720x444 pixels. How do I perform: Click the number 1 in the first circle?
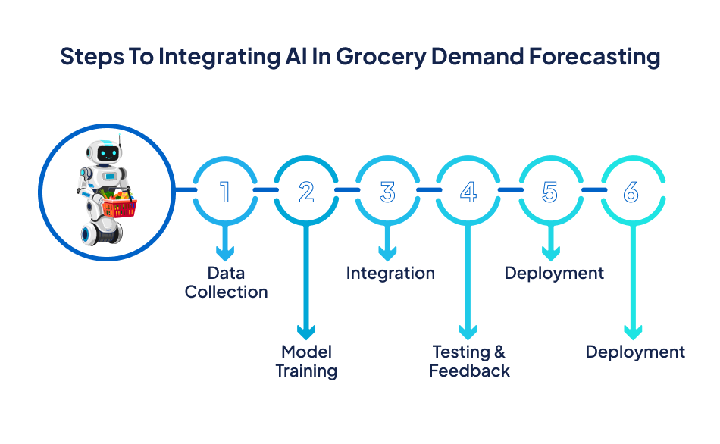[224, 192]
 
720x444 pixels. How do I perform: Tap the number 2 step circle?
[306, 192]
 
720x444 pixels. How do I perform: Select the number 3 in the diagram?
[387, 192]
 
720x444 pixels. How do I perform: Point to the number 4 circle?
[469, 192]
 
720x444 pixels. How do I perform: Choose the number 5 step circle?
[550, 192]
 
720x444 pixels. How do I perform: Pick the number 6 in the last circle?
[631, 192]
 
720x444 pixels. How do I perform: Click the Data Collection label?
[226, 283]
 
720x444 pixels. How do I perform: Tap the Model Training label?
[306, 361]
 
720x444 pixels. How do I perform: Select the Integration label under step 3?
[390, 274]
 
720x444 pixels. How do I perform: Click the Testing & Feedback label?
[469, 361]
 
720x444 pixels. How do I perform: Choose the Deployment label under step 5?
[554, 274]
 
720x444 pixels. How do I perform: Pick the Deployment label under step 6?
[635, 352]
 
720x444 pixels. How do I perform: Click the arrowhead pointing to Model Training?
[306, 331]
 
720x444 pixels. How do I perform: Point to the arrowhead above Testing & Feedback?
[469, 331]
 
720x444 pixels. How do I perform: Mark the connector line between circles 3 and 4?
[428, 189]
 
